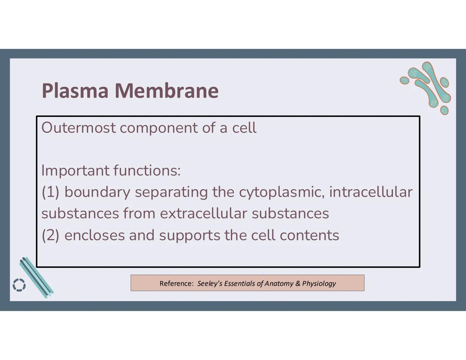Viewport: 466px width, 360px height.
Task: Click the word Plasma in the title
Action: (75, 91)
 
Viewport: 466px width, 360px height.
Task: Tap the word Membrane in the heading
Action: (166, 91)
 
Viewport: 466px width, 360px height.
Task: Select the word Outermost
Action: (78, 128)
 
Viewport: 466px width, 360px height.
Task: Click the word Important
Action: (75, 171)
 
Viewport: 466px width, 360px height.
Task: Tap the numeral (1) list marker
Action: (50, 192)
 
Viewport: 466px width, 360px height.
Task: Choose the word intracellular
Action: (371, 192)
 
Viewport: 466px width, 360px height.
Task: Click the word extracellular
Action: (203, 214)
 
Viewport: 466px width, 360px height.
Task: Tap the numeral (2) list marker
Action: (50, 235)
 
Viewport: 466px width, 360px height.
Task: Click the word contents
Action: (309, 235)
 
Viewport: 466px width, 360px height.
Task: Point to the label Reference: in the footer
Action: (176, 283)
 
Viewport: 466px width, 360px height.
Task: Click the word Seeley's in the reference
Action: (209, 283)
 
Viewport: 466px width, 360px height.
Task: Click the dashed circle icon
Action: (19, 285)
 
